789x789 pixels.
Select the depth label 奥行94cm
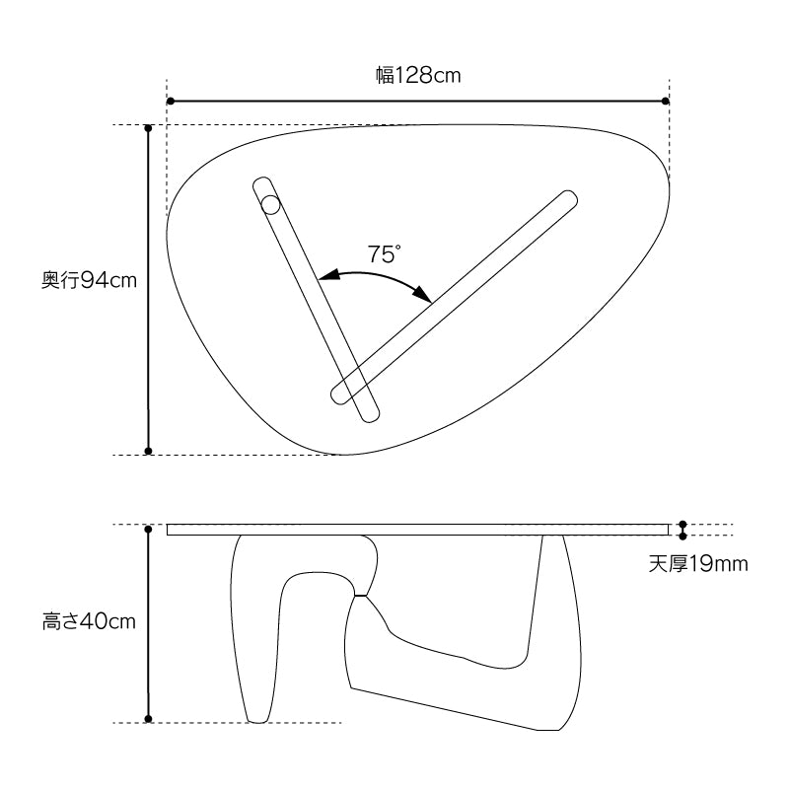[x=89, y=280]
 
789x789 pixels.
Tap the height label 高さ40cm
[x=89, y=621]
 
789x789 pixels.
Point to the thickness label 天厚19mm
[x=698, y=565]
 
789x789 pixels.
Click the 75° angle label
[x=384, y=254]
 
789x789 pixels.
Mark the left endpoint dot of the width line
[x=171, y=101]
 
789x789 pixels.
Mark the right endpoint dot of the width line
[x=666, y=101]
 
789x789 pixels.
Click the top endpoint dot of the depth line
[x=148, y=128]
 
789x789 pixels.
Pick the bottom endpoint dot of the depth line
[x=148, y=451]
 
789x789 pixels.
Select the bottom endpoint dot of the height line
[x=148, y=718]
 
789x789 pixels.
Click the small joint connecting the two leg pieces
[x=362, y=596]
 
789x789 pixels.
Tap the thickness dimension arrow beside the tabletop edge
[x=682, y=530]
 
